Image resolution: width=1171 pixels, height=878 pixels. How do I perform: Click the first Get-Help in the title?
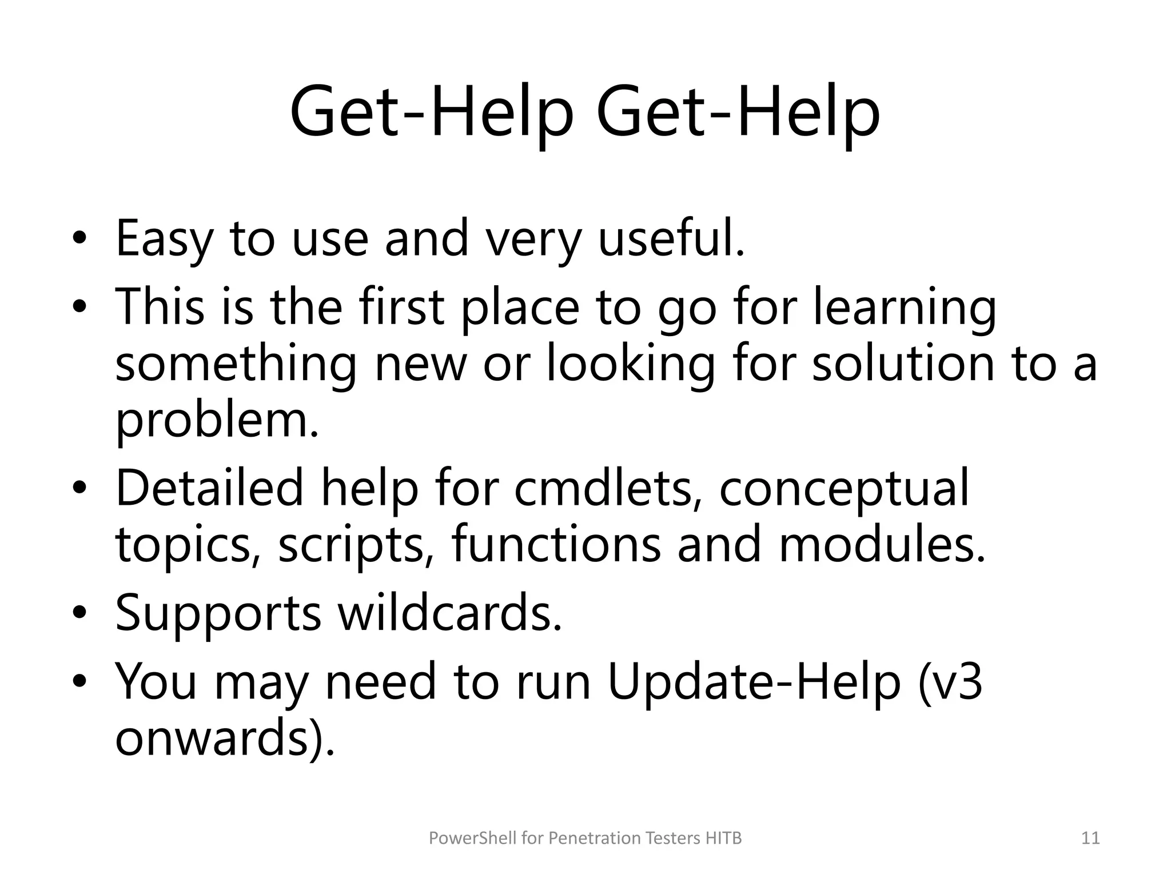click(431, 111)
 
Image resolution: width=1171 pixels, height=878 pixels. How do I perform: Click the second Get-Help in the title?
click(738, 111)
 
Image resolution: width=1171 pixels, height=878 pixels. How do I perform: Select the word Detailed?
click(209, 488)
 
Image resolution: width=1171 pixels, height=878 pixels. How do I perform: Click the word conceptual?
click(844, 488)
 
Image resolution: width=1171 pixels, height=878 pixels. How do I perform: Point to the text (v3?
click(950, 681)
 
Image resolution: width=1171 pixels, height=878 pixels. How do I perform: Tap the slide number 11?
click(1090, 839)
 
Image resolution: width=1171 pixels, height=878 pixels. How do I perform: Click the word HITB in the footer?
click(723, 839)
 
